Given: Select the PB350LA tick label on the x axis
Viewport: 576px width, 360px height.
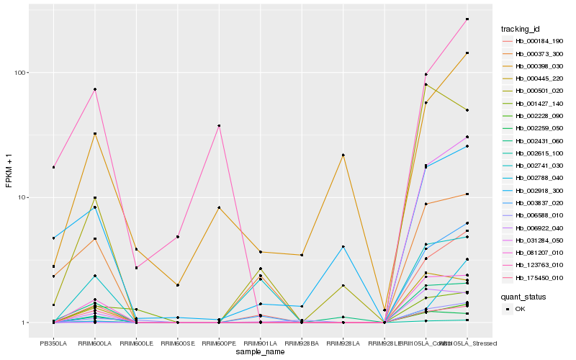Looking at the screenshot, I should (x=53, y=343).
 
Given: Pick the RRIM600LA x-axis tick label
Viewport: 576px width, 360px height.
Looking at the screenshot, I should (x=95, y=343).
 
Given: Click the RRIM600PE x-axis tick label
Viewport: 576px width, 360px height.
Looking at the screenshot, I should (x=219, y=343).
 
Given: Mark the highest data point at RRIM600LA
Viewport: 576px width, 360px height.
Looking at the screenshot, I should (x=95, y=89).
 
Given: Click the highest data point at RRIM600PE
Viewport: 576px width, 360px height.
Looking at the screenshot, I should (x=219, y=126).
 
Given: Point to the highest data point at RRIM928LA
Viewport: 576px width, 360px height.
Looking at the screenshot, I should (x=343, y=156).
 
